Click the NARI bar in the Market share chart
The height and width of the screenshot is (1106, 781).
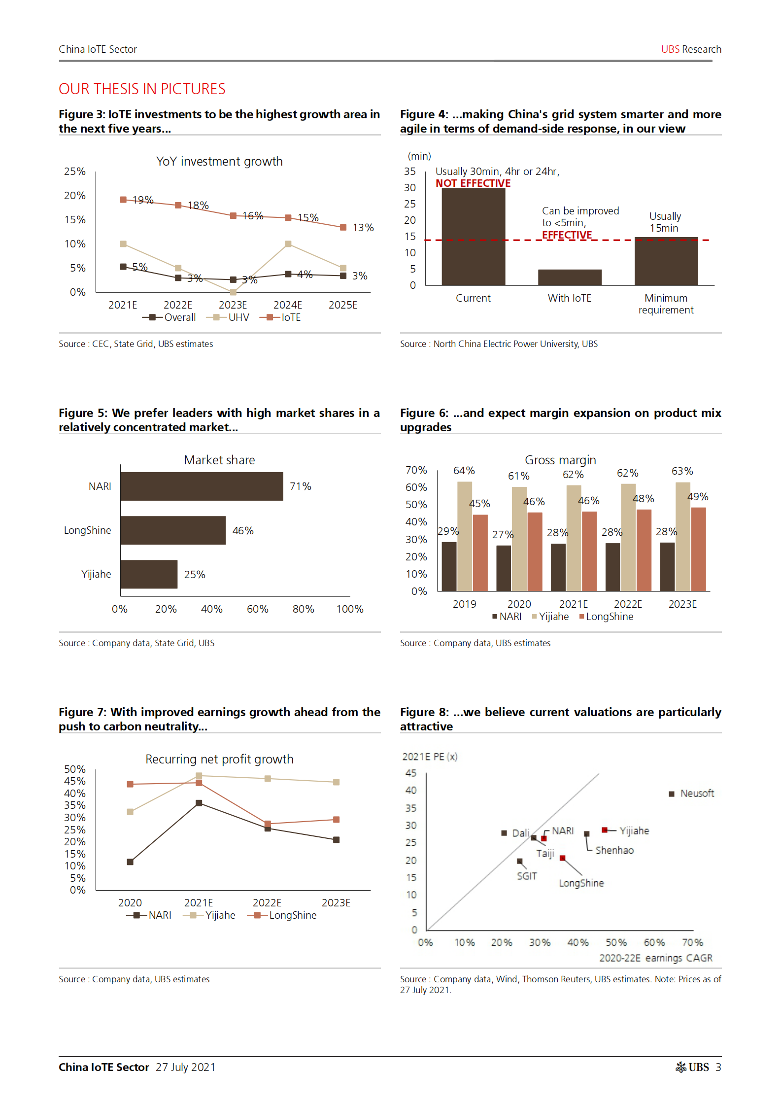202,486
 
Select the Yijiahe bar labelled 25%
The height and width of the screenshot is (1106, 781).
149,574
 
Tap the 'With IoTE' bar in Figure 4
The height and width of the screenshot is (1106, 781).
569,277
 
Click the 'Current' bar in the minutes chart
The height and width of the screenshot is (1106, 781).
473,237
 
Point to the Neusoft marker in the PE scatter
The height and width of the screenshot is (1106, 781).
671,794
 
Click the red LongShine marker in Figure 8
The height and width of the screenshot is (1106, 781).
562,858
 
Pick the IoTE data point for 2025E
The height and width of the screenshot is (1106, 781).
343,227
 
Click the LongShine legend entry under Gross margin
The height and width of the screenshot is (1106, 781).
607,617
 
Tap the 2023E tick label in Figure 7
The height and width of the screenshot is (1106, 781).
336,902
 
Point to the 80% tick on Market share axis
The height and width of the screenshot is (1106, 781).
303,609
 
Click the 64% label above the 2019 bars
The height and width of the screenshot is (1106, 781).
464,471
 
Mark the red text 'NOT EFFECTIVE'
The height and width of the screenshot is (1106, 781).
473,183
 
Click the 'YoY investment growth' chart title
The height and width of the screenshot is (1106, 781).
219,162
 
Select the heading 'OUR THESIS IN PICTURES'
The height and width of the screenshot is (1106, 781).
142,89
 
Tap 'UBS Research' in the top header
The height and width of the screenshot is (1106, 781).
691,49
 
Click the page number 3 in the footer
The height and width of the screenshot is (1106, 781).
718,1067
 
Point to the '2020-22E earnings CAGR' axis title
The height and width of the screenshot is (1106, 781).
655,958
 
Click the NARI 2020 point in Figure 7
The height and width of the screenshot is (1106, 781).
130,862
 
